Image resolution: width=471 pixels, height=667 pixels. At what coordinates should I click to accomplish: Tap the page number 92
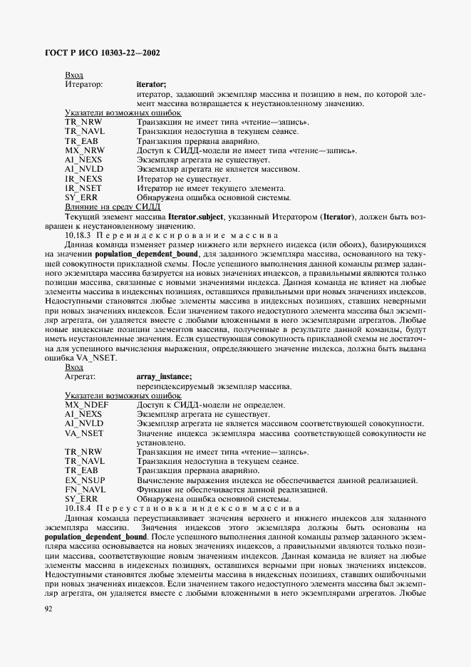coord(48,609)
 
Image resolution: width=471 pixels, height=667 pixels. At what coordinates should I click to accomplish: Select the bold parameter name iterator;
coord(151,84)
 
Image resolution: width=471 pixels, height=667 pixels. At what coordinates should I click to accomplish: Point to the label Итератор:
coord(84,84)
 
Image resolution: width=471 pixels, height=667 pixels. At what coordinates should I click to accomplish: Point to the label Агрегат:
coord(81,376)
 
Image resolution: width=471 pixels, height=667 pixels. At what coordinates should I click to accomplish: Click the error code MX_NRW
coord(81,151)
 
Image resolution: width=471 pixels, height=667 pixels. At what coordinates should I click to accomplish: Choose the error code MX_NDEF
coord(82,404)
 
